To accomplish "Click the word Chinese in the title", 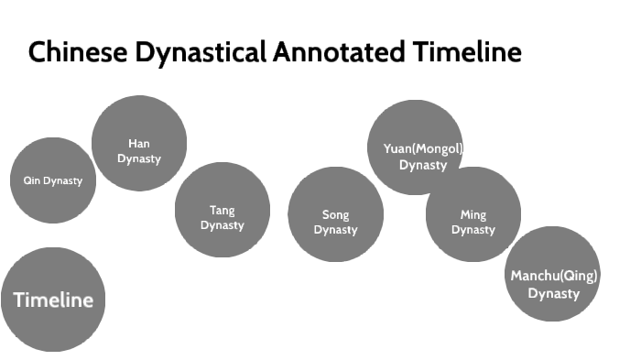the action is pyautogui.click(x=77, y=52).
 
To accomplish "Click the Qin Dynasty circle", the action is pyautogui.click(x=53, y=180).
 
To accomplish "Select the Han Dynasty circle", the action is pyautogui.click(x=139, y=144).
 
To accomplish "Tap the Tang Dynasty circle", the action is pyautogui.click(x=223, y=210).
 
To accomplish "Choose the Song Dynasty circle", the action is pyautogui.click(x=335, y=214).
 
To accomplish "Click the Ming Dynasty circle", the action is pyautogui.click(x=473, y=214).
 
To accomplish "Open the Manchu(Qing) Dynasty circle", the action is pyautogui.click(x=553, y=274).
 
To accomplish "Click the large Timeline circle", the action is pyautogui.click(x=53, y=300).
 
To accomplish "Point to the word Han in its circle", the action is pyautogui.click(x=139, y=143).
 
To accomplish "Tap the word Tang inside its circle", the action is pyautogui.click(x=223, y=211).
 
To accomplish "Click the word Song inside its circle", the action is pyautogui.click(x=335, y=215).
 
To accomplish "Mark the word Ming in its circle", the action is pyautogui.click(x=473, y=215).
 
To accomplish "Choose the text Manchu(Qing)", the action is pyautogui.click(x=554, y=276).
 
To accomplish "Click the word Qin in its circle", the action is pyautogui.click(x=31, y=180).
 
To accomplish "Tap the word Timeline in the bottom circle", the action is pyautogui.click(x=53, y=300).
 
